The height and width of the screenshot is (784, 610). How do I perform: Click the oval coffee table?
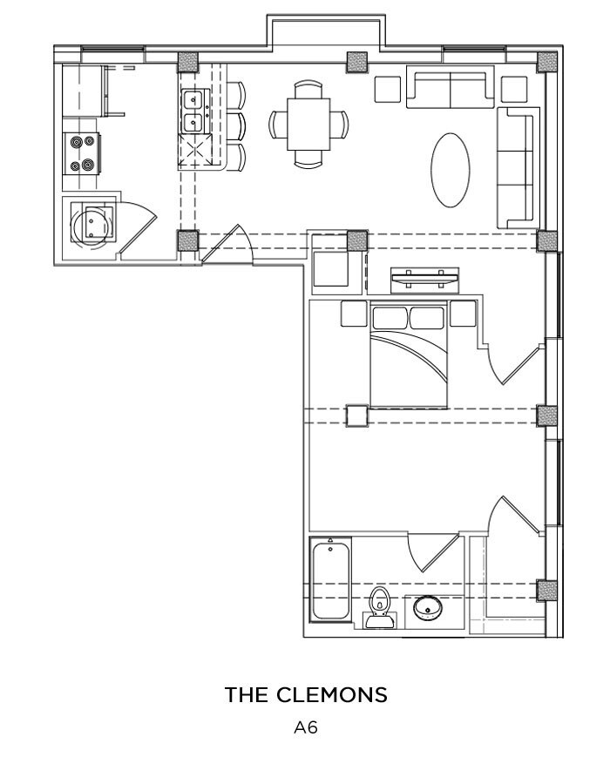pos(451,169)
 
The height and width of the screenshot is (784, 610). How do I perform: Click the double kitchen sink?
pos(193,112)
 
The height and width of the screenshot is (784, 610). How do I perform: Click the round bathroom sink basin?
pos(428,606)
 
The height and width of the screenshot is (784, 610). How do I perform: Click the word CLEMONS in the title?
pos(332,695)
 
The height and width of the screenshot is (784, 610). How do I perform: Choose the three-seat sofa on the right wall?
pos(515,166)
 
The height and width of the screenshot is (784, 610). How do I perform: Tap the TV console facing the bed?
pos(425,280)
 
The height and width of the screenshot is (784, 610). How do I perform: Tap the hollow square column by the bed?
pos(356,416)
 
